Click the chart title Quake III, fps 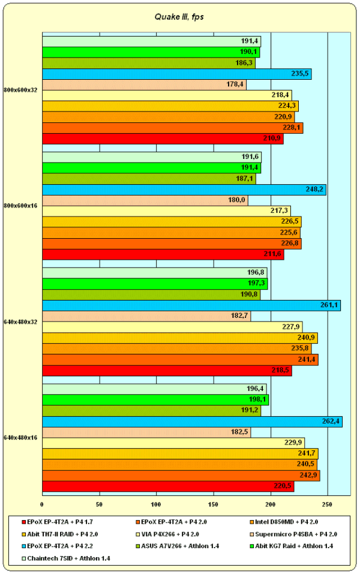[x=180, y=17]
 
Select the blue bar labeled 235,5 [x=176, y=74]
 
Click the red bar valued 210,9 [x=162, y=139]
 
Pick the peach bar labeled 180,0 [x=145, y=200]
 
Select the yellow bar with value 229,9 [x=173, y=443]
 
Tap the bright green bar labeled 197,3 [x=154, y=283]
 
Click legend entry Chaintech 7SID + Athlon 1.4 [x=68, y=558]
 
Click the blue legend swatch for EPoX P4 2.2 [x=23, y=546]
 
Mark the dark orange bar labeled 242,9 [x=181, y=475]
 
